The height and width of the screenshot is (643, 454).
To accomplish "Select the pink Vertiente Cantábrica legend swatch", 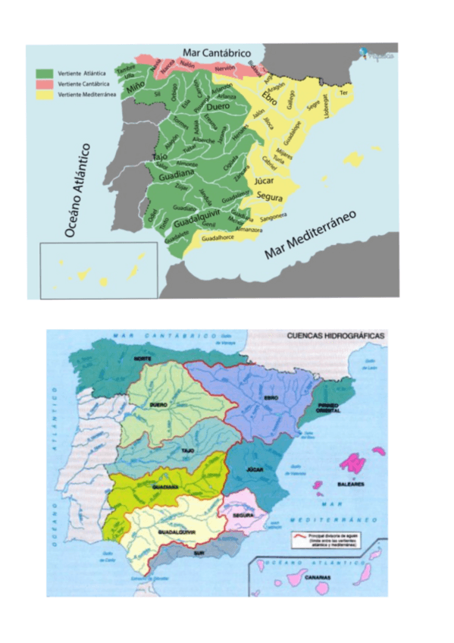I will [x=44, y=83].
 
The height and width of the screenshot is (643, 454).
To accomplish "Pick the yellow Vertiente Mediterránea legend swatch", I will [x=44, y=93].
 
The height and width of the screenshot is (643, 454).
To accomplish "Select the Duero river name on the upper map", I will [x=218, y=108].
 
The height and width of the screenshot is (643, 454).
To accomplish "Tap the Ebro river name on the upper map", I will [x=271, y=99].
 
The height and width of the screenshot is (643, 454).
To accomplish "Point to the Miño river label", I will [x=136, y=88].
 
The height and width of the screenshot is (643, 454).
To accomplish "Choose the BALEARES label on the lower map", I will [x=352, y=482].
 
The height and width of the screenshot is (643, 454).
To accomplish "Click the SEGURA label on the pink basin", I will [x=243, y=515].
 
